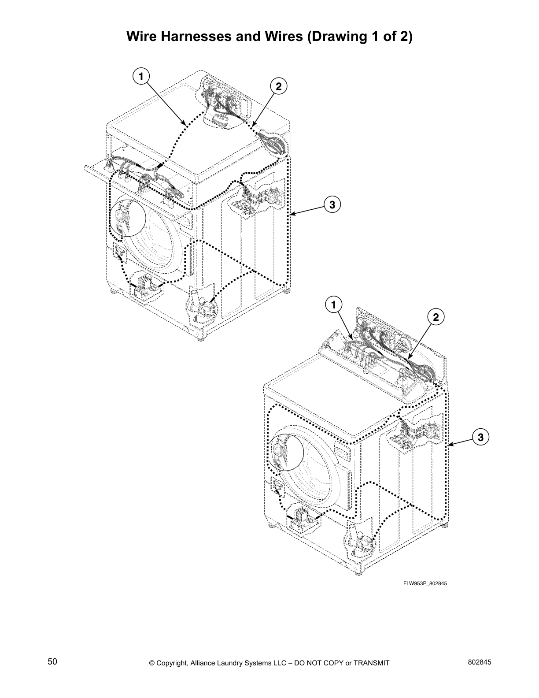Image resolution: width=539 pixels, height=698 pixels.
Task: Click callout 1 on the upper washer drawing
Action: [x=140, y=76]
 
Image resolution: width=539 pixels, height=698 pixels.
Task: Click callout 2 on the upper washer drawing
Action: [x=278, y=86]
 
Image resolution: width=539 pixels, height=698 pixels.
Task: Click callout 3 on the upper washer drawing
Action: [x=332, y=204]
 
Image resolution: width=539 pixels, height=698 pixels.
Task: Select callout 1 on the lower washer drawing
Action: [x=334, y=304]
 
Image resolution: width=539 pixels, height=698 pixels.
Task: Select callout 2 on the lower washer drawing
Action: [x=436, y=317]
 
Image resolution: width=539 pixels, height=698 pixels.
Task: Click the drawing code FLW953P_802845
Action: [x=425, y=583]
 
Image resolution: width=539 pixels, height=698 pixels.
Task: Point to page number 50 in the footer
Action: [x=52, y=662]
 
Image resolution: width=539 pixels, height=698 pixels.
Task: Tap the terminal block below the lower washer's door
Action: [x=303, y=518]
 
